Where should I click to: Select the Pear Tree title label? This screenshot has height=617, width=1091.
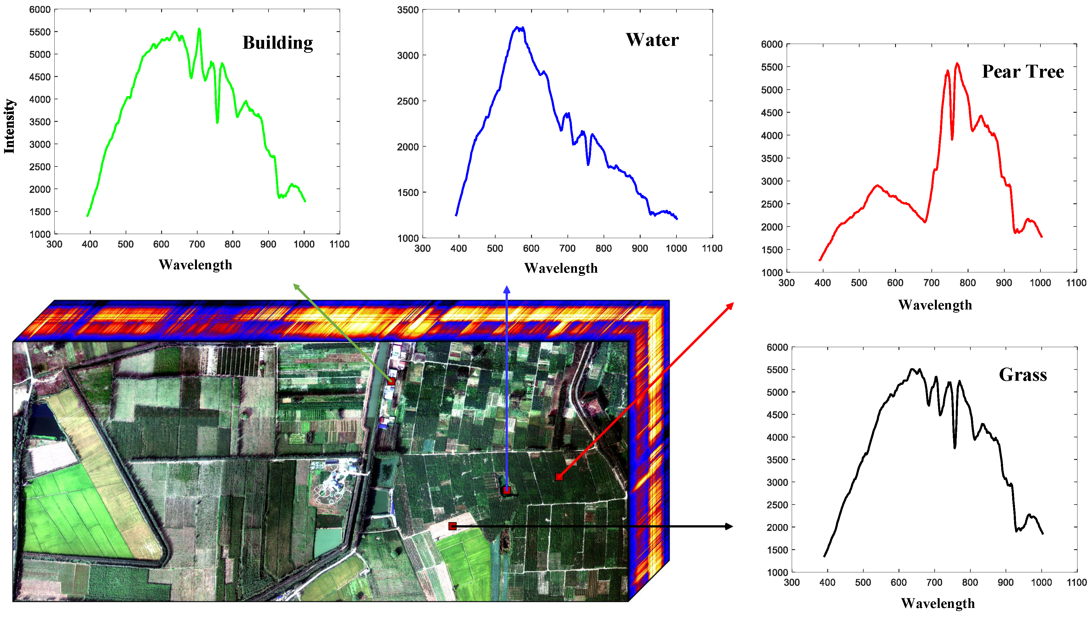tap(1023, 71)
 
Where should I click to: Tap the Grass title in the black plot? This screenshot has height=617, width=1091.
tap(1023, 374)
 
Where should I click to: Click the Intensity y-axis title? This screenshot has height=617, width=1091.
tap(9, 126)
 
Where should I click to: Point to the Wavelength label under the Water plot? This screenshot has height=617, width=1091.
tap(561, 268)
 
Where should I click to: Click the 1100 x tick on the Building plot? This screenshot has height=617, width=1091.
tap(339, 244)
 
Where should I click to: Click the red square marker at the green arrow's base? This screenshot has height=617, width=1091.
tap(391, 381)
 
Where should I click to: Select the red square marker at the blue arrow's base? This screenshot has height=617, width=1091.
tap(507, 491)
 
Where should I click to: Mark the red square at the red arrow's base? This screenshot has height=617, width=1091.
tap(559, 477)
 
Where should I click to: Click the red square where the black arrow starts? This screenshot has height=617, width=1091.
tap(452, 526)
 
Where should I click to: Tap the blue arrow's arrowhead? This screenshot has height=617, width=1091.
tap(507, 289)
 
